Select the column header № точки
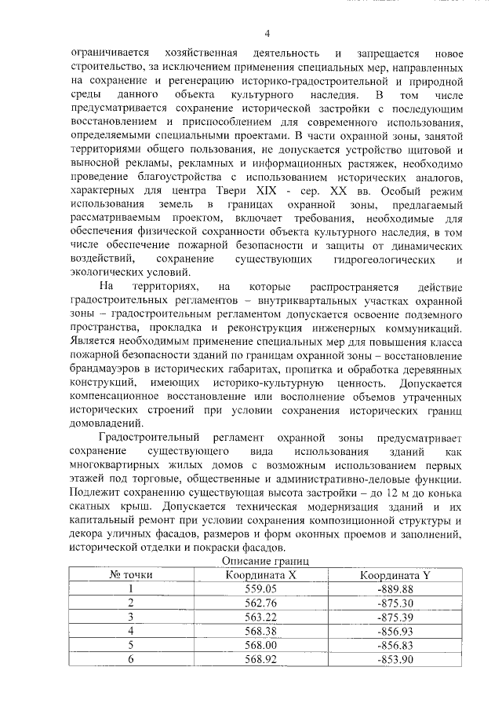pyautogui.click(x=130, y=575)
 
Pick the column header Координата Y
pyautogui.click(x=395, y=575)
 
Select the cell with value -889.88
pyautogui.click(x=395, y=588)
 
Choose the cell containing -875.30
pyautogui.click(x=395, y=603)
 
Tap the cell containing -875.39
pyautogui.click(x=395, y=617)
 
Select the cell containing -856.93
pyautogui.click(x=395, y=631)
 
